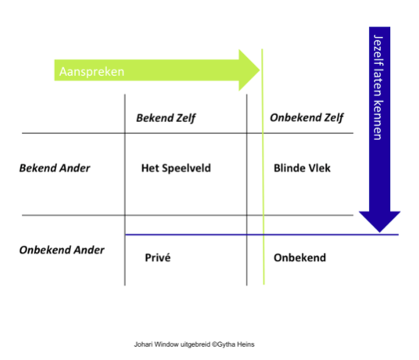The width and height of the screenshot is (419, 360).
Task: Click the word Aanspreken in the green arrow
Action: (91, 72)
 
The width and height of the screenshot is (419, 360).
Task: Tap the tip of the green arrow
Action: (260, 70)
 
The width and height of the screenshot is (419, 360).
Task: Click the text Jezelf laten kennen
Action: (378, 88)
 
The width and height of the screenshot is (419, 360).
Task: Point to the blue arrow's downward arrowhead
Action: (379, 221)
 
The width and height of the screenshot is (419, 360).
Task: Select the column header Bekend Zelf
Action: (166, 118)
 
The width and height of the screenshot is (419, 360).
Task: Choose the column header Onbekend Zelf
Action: (306, 117)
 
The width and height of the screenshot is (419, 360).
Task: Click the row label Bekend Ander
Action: (55, 168)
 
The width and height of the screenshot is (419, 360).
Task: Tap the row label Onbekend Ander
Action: (62, 250)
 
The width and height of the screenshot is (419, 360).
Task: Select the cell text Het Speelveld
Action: (176, 168)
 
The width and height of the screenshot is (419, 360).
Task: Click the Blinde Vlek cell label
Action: (302, 168)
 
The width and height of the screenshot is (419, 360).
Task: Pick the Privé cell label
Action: (158, 257)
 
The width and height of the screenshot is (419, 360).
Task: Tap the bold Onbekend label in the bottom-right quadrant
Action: (300, 257)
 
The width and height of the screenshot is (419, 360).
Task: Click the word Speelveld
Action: (186, 168)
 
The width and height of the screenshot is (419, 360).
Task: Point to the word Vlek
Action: (320, 168)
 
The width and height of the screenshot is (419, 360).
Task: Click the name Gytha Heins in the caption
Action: (235, 344)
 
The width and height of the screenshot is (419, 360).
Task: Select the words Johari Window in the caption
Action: (156, 344)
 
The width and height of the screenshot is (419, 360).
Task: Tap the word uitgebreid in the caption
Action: (195, 344)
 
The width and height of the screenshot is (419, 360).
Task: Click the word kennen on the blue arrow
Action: (378, 120)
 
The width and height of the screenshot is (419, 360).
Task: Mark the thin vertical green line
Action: (263, 167)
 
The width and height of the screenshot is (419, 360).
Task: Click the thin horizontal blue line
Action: (262, 235)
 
